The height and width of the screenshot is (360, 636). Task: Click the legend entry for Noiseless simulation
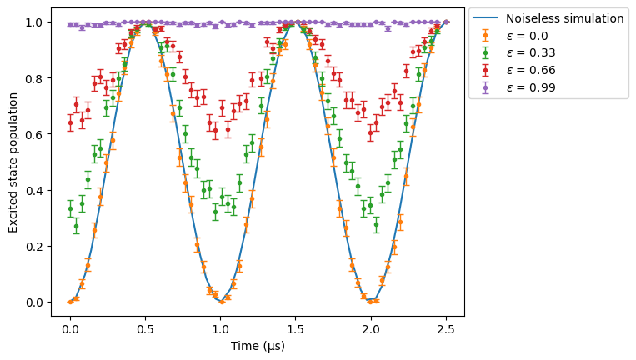[548, 18]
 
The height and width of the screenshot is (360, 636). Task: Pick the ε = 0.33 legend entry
[514, 52]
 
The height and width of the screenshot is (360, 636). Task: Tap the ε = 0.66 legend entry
[514, 70]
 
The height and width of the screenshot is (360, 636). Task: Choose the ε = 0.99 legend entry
[514, 87]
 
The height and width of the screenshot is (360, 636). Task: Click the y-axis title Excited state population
[13, 162]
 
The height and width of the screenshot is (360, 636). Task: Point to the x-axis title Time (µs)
[258, 346]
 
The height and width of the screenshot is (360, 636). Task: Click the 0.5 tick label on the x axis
[145, 329]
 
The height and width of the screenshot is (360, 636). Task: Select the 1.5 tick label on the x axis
[295, 329]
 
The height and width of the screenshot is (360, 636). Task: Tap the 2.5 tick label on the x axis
[446, 329]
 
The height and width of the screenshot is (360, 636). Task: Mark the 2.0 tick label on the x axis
[371, 329]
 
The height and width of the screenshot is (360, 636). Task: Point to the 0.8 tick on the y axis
[34, 78]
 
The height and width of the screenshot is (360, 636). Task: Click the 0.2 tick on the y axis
[34, 247]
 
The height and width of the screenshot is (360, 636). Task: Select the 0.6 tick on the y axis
[34, 134]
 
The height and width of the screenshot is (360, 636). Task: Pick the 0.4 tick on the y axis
[34, 191]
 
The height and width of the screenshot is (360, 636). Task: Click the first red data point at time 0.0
[70, 122]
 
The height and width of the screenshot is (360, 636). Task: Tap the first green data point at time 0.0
[70, 209]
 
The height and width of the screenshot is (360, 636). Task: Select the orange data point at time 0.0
[70, 302]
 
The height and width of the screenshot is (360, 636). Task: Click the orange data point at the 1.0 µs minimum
[222, 302]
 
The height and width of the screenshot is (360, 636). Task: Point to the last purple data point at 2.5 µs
[446, 22]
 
